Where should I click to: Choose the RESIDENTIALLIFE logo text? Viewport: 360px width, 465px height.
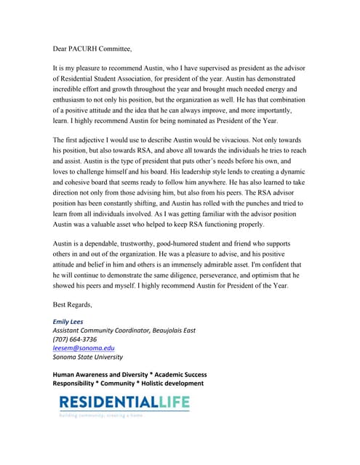click(x=124, y=402)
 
